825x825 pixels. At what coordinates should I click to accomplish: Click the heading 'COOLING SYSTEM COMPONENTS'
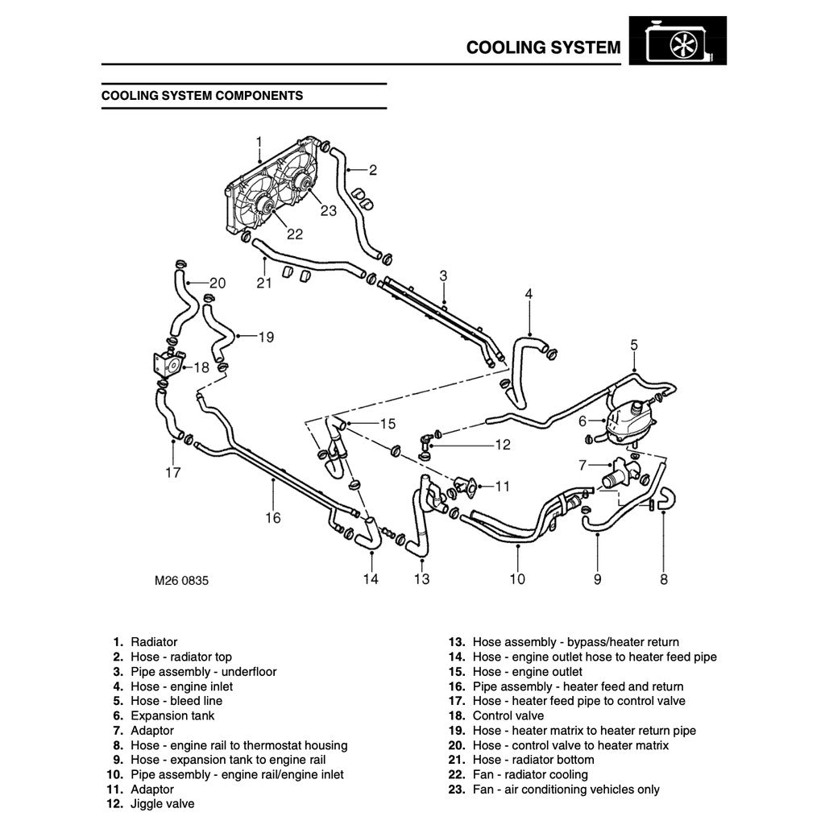pyautogui.click(x=202, y=96)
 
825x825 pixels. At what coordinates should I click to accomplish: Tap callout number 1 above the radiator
pyautogui.click(x=259, y=142)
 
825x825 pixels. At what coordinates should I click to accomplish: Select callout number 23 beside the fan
pyautogui.click(x=328, y=211)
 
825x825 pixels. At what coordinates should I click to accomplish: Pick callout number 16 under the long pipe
pyautogui.click(x=273, y=517)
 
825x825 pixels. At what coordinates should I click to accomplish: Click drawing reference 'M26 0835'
pyautogui.click(x=182, y=580)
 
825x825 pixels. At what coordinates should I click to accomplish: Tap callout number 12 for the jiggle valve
pyautogui.click(x=502, y=444)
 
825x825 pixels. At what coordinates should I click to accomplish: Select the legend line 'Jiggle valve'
pyautogui.click(x=162, y=803)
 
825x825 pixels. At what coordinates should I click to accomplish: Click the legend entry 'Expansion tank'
pyautogui.click(x=172, y=715)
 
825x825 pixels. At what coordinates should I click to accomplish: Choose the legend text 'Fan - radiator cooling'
pyautogui.click(x=530, y=774)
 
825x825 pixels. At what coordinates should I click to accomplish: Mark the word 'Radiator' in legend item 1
pyautogui.click(x=154, y=642)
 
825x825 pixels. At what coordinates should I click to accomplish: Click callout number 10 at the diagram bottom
pyautogui.click(x=517, y=578)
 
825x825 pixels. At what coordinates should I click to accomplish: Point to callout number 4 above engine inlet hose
pyautogui.click(x=529, y=294)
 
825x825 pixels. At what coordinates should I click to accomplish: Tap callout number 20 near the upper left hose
pyautogui.click(x=218, y=283)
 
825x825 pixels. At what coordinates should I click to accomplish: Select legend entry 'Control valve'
pyautogui.click(x=508, y=715)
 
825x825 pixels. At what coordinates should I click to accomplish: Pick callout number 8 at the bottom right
pyautogui.click(x=664, y=578)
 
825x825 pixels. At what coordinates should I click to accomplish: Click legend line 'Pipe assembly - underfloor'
pyautogui.click(x=203, y=671)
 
